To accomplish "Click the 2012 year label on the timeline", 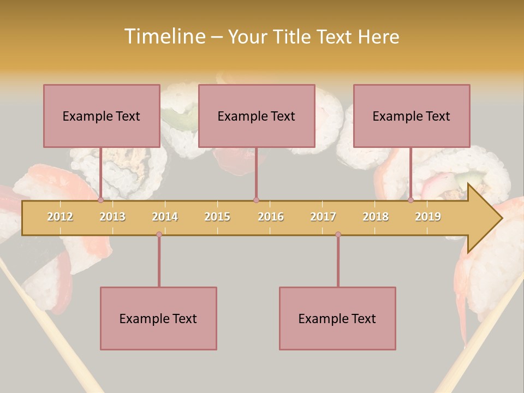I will tap(60, 217).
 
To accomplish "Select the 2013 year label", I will tap(112, 217).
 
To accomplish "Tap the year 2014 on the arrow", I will tap(165, 217).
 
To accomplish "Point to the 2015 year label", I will tap(217, 217).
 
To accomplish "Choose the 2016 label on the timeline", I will tap(271, 217).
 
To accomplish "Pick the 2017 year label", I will tap(323, 217).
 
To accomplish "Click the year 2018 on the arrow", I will tap(376, 217).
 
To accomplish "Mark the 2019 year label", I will tap(428, 217).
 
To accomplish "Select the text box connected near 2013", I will tap(102, 116).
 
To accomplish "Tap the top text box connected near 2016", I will tap(257, 116).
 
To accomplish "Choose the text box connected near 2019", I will tap(412, 116).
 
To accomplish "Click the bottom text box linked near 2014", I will tap(158, 318).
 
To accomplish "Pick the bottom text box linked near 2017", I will tap(337, 318).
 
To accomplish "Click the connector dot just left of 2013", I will tap(101, 200).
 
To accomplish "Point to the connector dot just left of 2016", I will tap(256, 200).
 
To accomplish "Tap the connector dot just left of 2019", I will tap(411, 200).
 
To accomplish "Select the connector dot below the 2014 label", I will tap(159, 235).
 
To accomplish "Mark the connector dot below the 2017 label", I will tap(338, 235).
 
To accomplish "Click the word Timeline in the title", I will tap(164, 37).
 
